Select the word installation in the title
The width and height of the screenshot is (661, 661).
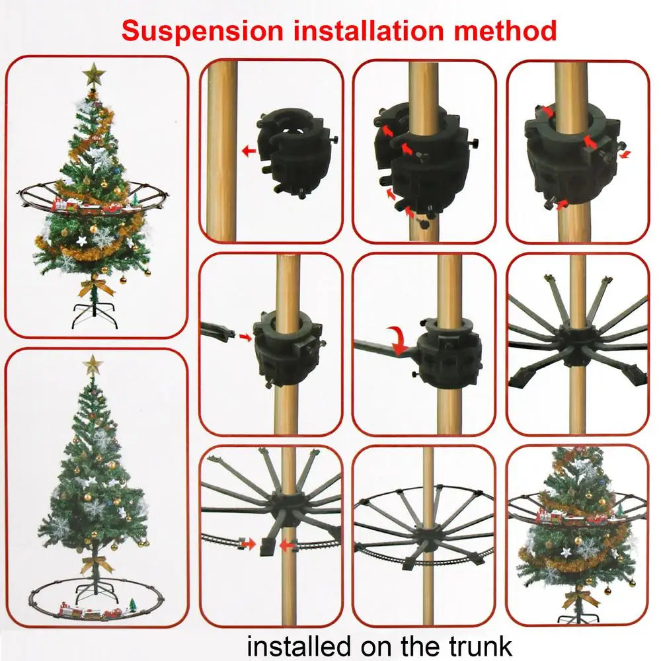point(362,31)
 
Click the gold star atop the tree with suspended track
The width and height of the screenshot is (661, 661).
point(95,74)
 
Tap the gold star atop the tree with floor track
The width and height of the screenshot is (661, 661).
point(92,364)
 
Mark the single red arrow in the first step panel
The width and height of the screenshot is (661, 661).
point(249,151)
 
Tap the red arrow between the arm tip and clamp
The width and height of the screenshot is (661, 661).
point(246,338)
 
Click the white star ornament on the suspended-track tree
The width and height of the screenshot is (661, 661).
point(83,239)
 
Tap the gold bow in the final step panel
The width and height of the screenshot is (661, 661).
point(580,598)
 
